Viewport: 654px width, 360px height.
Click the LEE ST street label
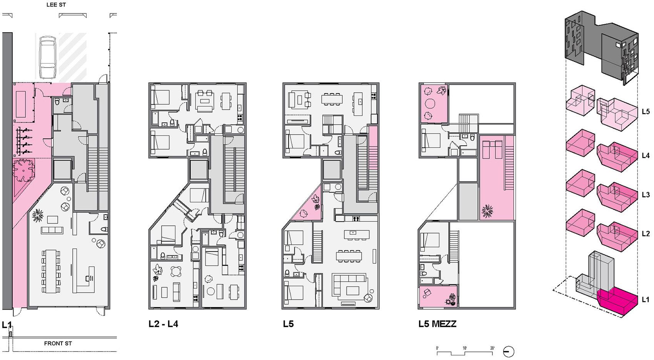point(56,5)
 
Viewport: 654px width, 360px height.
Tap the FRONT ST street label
point(58,343)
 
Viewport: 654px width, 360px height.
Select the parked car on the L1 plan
point(48,58)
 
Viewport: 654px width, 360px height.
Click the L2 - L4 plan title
point(163,324)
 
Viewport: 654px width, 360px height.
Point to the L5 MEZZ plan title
point(437,324)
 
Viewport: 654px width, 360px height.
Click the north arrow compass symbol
point(508,351)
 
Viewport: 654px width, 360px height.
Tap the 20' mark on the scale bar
point(492,348)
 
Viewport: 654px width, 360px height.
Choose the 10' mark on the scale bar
point(464,348)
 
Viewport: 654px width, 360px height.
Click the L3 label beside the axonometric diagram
point(646,195)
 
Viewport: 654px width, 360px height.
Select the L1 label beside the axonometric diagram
point(646,299)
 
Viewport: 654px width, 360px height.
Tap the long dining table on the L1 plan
point(52,271)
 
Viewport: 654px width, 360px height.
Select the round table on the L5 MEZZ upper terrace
point(430,103)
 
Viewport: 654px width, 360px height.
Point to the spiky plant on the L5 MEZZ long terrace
point(487,211)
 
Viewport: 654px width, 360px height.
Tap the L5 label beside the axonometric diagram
point(646,111)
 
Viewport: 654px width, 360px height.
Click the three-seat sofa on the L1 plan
point(52,230)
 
